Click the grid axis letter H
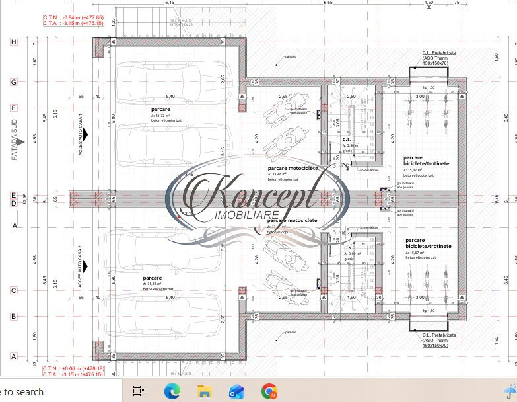[13, 42]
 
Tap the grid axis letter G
[13, 82]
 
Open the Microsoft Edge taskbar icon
[172, 391]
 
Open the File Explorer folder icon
[205, 391]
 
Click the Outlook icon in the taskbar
[236, 391]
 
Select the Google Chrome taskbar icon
[269, 391]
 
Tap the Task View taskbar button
[139, 391]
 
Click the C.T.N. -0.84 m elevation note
[73, 17]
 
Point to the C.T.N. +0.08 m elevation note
[73, 368]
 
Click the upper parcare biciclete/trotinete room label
[426, 161]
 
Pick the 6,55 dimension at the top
[328, 3]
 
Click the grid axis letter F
[13, 107]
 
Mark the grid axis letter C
[13, 290]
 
